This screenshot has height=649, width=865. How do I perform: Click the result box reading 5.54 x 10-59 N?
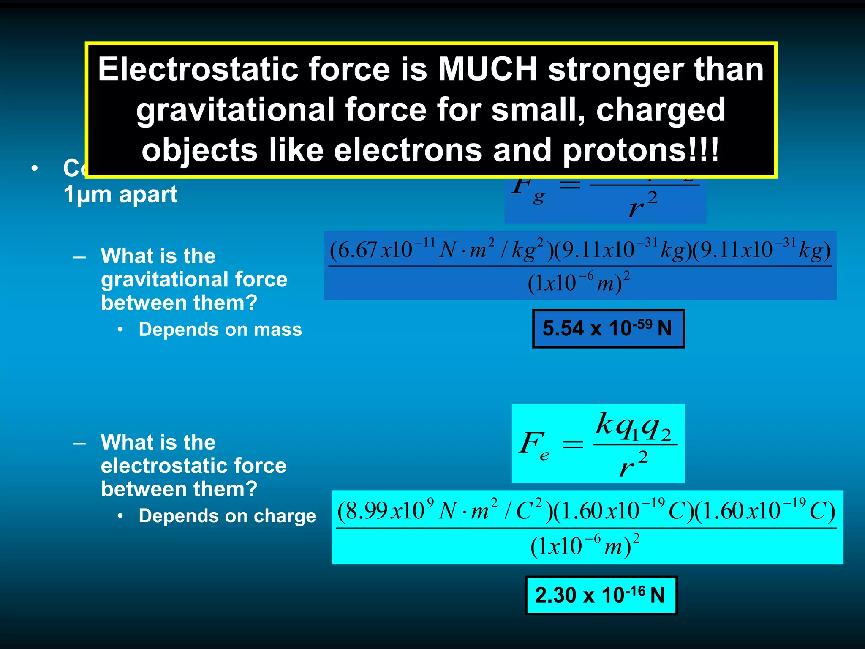(608, 329)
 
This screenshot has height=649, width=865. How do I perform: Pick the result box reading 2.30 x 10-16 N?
(601, 595)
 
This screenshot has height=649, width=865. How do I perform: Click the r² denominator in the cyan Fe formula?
(634, 465)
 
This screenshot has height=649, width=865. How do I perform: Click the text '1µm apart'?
(120, 195)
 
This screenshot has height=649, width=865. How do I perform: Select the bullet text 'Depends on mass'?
(220, 330)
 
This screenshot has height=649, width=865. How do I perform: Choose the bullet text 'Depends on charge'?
(227, 516)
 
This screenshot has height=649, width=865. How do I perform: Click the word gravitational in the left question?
(194, 280)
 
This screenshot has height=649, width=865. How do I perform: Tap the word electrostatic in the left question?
(193, 466)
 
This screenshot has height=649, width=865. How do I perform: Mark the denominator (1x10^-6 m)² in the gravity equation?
(579, 283)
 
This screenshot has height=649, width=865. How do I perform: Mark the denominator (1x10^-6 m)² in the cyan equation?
(585, 546)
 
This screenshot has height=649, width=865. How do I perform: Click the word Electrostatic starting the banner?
(198, 69)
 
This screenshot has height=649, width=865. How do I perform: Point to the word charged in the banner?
(661, 110)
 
